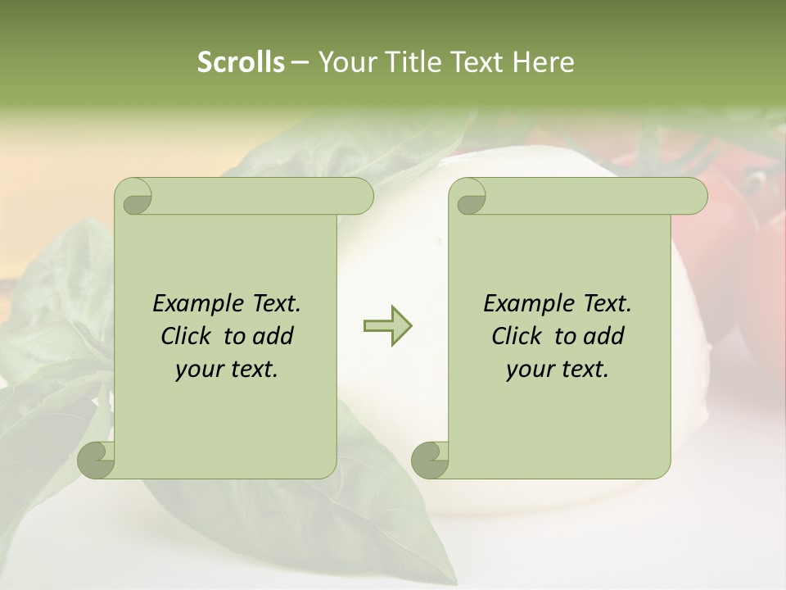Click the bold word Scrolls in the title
241,61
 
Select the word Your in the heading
346,61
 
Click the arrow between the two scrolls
387,325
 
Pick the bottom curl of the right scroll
431,460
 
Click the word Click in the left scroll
187,336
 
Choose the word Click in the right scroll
518,336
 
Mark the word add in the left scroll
273,336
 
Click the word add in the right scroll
604,336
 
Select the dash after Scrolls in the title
300,61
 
